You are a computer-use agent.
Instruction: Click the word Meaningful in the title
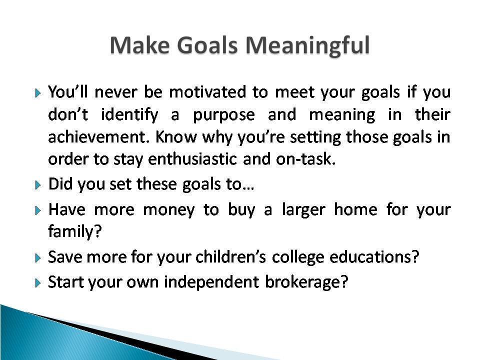(307, 46)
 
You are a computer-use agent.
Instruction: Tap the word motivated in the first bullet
(207, 92)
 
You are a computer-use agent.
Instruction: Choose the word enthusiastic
(192, 159)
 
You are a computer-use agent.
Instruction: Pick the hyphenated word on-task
(305, 159)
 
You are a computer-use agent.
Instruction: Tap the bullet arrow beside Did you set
(37, 185)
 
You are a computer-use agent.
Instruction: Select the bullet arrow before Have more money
(37, 210)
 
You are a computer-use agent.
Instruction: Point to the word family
(74, 231)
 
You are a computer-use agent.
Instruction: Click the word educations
(374, 257)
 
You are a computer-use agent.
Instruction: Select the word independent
(211, 281)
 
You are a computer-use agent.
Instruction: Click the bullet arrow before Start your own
(37, 283)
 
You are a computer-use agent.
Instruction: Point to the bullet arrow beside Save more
(37, 258)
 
